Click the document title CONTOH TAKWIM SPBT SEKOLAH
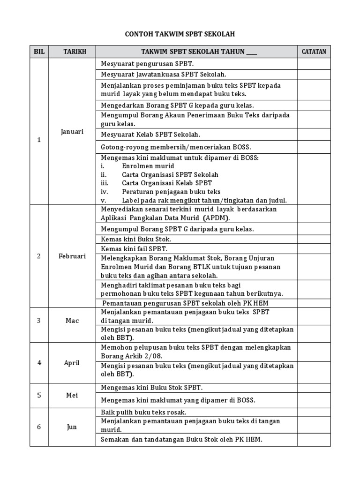180,34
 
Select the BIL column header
39,52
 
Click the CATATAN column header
314,52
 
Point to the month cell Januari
72,132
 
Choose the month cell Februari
72,256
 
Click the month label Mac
72,321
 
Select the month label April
72,363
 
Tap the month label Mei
72,395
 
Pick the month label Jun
72,427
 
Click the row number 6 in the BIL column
39,427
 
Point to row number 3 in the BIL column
39,321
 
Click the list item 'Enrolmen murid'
148,166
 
